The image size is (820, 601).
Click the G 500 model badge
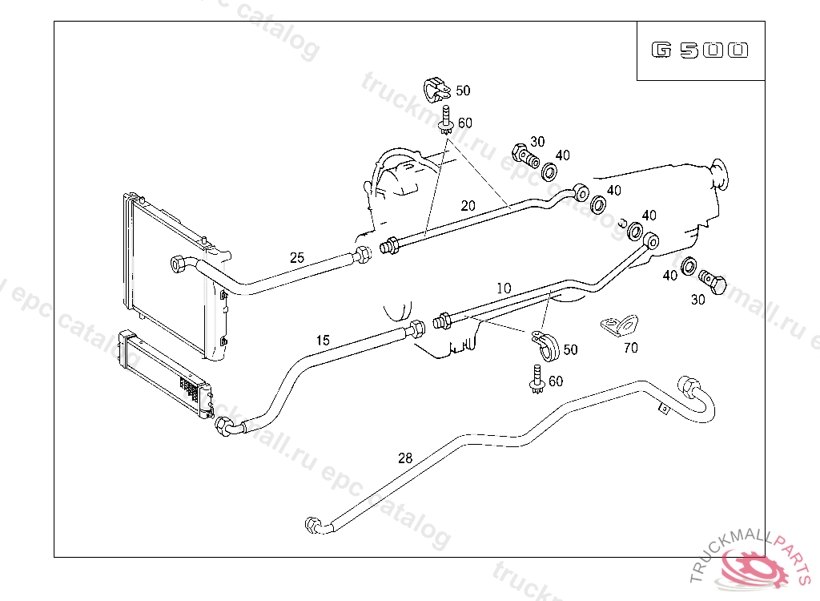pos(700,50)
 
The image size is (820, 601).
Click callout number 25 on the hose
pos(297,258)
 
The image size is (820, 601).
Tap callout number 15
pos(322,341)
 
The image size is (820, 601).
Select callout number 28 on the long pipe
pos(405,458)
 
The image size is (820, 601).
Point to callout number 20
pos(468,205)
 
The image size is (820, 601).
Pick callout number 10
pos(503,287)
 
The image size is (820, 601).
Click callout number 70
pos(630,348)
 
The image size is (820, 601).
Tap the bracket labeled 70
pos(619,325)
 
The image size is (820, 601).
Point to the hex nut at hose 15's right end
pos(417,329)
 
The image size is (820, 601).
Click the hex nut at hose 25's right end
pos(362,256)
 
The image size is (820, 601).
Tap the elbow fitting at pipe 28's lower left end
pos(315,526)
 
